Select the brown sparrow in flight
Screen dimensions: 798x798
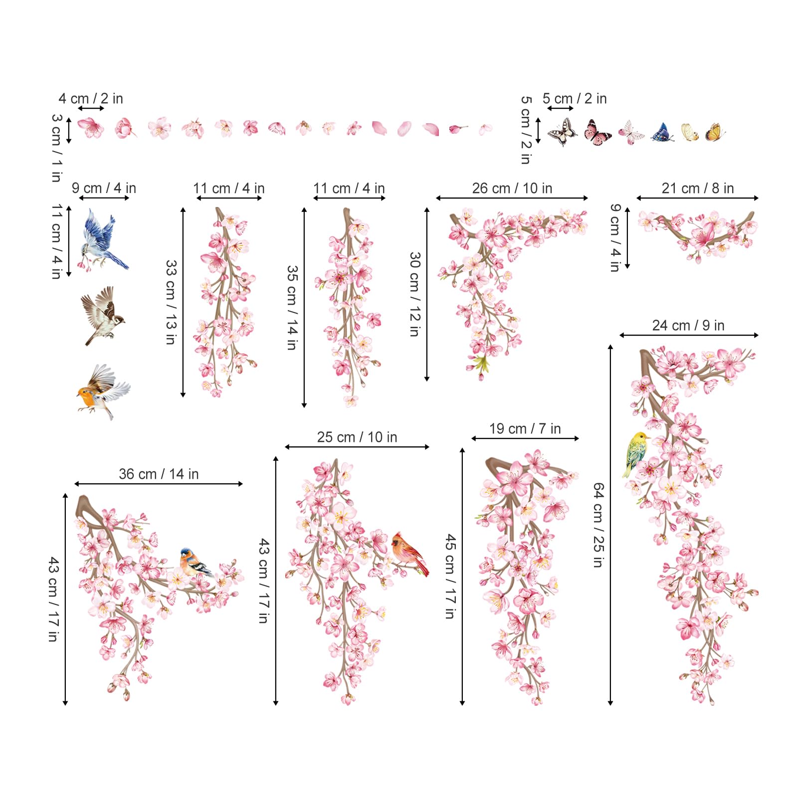(x=103, y=315)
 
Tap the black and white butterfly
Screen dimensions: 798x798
(x=563, y=133)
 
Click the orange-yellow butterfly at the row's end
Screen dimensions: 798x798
(x=714, y=133)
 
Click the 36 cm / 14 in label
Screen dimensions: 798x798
(x=159, y=474)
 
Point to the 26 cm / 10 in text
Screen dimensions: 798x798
(x=512, y=189)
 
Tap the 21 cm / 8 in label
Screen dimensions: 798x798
(x=698, y=189)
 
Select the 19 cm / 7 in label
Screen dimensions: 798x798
(x=525, y=428)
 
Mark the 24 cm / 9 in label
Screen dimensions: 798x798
(x=688, y=326)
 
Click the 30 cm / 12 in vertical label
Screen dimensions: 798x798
(x=415, y=294)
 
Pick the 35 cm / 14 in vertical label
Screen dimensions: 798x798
(x=292, y=307)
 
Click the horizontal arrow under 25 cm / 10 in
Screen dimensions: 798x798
(x=357, y=447)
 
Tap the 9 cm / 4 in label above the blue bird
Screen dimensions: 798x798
(x=104, y=189)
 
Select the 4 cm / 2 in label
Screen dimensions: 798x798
(x=91, y=99)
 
